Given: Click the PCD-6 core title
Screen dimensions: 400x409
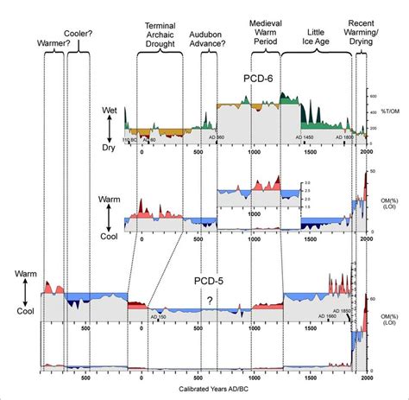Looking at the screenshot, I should point(258,79).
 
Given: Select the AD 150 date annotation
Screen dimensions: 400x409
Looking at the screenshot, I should point(160,316).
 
